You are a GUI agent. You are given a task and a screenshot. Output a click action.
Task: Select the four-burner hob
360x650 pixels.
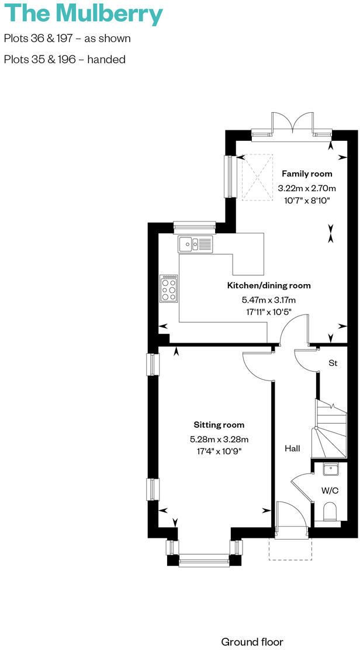(169, 289)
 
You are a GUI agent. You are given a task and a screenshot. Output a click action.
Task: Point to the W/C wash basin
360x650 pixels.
(331, 469)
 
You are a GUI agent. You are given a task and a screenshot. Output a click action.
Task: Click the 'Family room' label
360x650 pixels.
(307, 174)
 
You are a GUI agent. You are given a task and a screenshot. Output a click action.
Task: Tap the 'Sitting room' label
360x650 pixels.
(219, 425)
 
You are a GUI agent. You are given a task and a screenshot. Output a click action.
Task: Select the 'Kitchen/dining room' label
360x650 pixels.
(269, 286)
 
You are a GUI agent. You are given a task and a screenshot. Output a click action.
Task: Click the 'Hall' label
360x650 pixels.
(292, 448)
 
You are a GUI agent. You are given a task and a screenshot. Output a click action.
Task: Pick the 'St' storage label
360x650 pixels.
(333, 363)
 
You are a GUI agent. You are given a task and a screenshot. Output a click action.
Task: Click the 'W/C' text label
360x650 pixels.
(330, 490)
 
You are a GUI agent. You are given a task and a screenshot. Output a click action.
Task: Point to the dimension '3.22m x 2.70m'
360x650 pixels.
(307, 188)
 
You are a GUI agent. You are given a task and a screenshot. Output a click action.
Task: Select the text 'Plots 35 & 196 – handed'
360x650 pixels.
(64, 59)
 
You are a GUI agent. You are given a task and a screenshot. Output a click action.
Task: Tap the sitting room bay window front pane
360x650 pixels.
(204, 560)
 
